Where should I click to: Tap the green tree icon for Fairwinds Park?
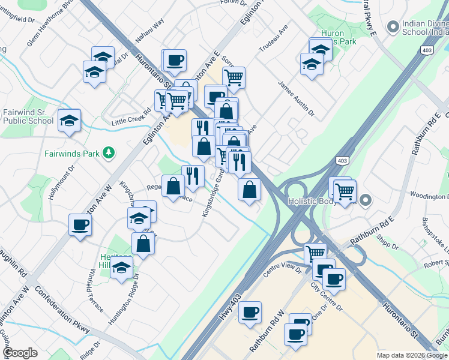pos(109,153)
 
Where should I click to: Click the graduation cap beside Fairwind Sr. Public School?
pos(69,120)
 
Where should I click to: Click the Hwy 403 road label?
pos(231,308)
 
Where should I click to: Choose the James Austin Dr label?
pos(297,98)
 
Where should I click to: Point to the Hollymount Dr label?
pos(62,177)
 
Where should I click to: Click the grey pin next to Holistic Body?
pos(366,201)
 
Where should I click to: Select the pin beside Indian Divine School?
pos(393,27)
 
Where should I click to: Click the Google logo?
pos(20,353)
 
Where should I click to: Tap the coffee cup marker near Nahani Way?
pos(175,61)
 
